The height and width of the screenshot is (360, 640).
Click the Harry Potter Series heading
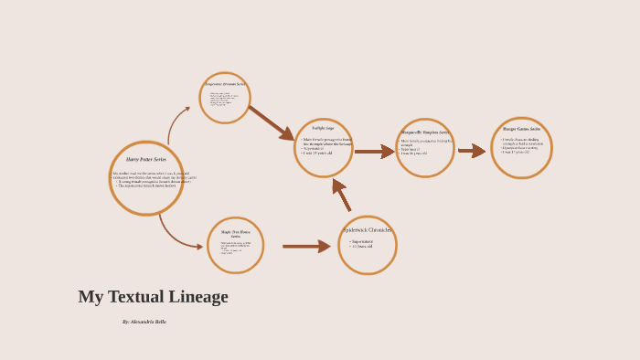pyautogui.click(x=145, y=159)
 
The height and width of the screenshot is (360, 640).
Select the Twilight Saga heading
pyautogui.click(x=324, y=128)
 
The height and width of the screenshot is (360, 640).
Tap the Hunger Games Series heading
pyautogui.click(x=521, y=129)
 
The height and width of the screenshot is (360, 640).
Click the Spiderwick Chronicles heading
pyautogui.click(x=368, y=230)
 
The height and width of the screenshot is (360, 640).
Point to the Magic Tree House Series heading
pyautogui.click(x=235, y=234)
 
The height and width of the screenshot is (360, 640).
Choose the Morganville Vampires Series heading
pyautogui.click(x=425, y=132)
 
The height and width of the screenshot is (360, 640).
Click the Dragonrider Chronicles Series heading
pyautogui.click(x=225, y=84)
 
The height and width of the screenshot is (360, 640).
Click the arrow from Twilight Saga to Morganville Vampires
pyautogui.click(x=374, y=152)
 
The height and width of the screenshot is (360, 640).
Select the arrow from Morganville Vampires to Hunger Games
pyautogui.click(x=472, y=151)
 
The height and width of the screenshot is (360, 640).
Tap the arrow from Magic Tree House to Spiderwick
pyautogui.click(x=306, y=246)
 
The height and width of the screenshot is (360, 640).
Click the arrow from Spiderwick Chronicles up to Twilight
pyautogui.click(x=342, y=195)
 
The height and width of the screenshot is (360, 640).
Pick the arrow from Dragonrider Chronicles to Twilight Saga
pyautogui.click(x=271, y=122)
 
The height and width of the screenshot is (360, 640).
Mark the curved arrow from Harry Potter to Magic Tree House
pyautogui.click(x=176, y=234)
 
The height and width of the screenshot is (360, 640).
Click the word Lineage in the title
pyautogui.click(x=197, y=297)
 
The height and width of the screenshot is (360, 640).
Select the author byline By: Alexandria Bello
pyautogui.click(x=144, y=322)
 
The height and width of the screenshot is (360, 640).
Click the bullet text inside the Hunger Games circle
pyautogui.click(x=522, y=145)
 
